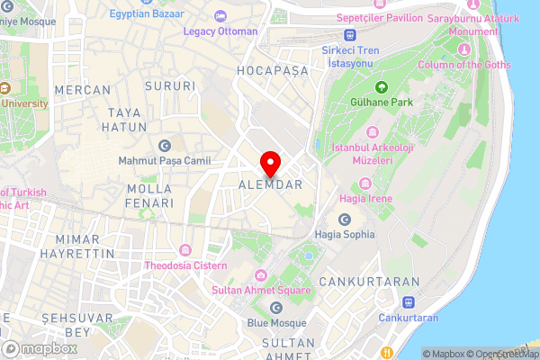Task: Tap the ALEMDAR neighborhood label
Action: [271, 184]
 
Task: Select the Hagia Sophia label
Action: [344, 235]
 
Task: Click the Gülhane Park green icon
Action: [381, 87]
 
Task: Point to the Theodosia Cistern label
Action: [187, 265]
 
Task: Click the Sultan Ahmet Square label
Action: [261, 290]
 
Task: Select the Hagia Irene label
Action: [365, 198]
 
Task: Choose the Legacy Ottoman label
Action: [220, 31]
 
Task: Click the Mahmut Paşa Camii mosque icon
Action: [164, 146]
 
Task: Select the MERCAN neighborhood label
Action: [82, 90]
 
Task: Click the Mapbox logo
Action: [40, 348]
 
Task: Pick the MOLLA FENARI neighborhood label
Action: [149, 196]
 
